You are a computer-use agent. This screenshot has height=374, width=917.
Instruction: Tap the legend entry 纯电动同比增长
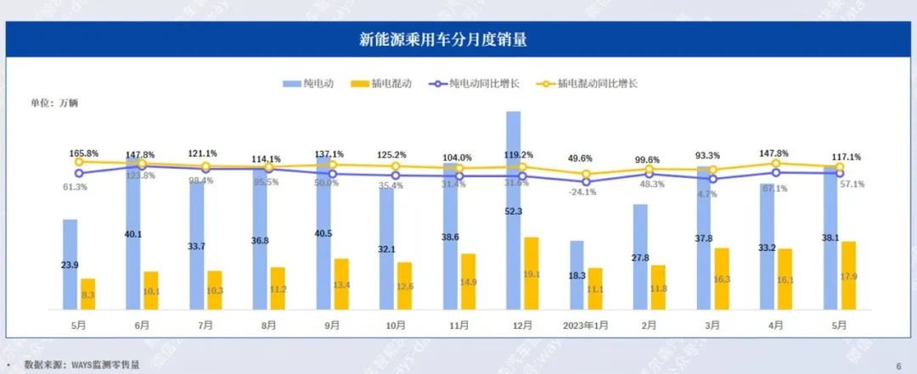[475, 83]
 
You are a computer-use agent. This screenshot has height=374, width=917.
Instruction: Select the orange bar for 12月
[531, 273]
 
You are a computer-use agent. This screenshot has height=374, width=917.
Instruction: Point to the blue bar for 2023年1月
[577, 275]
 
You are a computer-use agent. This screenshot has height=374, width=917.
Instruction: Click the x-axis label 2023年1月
[586, 326]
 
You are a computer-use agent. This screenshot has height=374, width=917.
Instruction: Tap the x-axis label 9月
[332, 326]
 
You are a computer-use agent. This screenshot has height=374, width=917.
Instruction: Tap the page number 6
[897, 366]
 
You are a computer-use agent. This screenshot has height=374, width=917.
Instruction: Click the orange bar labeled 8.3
[88, 293]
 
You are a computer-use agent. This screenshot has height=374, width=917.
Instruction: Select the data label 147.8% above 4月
[776, 154]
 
